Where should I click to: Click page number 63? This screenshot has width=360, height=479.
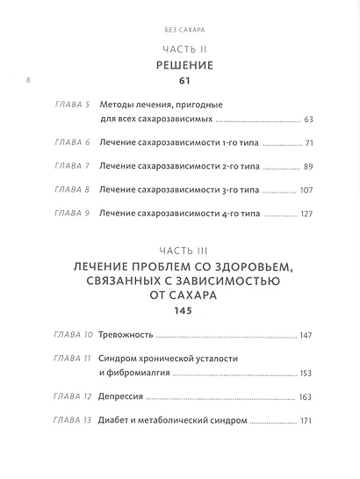pos(308,119)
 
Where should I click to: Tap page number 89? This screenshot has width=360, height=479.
pos(308,166)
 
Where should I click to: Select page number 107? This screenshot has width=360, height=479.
pos(306,189)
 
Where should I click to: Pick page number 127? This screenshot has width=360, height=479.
pos(306,213)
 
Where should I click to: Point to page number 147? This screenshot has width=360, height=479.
pos(306,336)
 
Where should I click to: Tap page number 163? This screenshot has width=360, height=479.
pos(306,398)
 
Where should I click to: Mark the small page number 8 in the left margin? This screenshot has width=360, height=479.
pos(28,80)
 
